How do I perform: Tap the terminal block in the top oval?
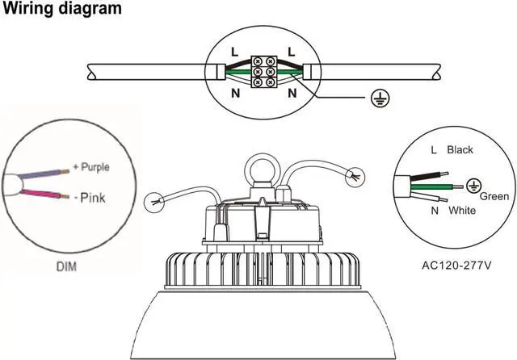click(x=263, y=71)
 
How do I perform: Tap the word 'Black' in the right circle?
click(x=459, y=149)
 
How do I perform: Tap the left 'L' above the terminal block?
click(x=234, y=52)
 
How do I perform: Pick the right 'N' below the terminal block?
click(x=292, y=94)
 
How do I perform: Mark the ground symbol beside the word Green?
click(x=475, y=183)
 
